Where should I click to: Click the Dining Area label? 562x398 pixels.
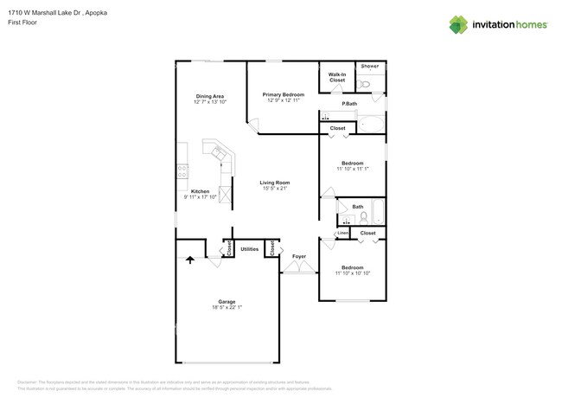tap(210, 95)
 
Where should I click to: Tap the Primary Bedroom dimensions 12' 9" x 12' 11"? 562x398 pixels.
tap(284, 101)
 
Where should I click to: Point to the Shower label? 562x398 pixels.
tap(370, 67)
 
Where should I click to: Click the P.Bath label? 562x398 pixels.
tap(350, 105)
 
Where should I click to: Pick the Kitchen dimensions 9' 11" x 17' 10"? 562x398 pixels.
tap(201, 197)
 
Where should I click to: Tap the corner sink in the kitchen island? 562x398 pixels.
tap(218, 155)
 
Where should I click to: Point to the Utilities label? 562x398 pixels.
tap(250, 248)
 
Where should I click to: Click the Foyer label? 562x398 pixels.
tap(299, 256)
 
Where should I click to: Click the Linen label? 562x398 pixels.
tap(342, 233)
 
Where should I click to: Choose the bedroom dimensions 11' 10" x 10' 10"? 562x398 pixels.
tap(352, 273)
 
